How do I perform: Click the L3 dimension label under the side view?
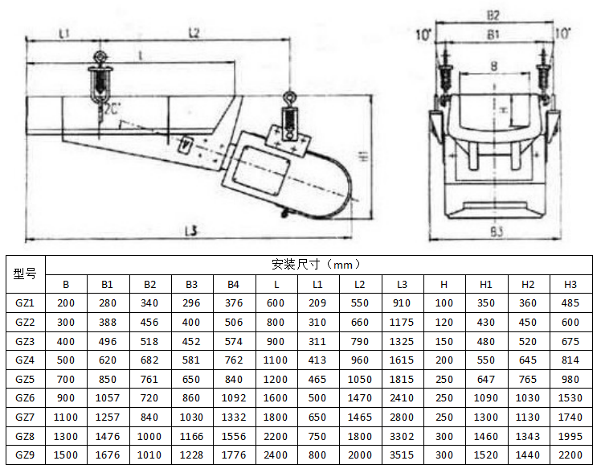pyautogui.click(x=190, y=231)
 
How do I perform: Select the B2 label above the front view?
pyautogui.click(x=493, y=14)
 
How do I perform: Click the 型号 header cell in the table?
pyautogui.click(x=26, y=274)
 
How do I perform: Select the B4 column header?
pyautogui.click(x=233, y=284)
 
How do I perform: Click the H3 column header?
pyautogui.click(x=570, y=284)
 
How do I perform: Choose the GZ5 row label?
pyautogui.click(x=26, y=378)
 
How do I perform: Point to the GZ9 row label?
pyautogui.click(x=26, y=455)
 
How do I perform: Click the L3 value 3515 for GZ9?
pyautogui.click(x=402, y=455)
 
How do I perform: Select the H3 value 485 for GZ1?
pyautogui.click(x=570, y=302)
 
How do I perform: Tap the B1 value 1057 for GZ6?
pyautogui.click(x=107, y=397)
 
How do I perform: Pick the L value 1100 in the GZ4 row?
pyautogui.click(x=276, y=360)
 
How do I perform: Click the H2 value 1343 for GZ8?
pyautogui.click(x=528, y=436)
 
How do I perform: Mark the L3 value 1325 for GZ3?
pyautogui.click(x=402, y=340)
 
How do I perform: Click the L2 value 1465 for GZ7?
pyautogui.click(x=360, y=417)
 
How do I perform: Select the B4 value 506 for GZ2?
pyautogui.click(x=233, y=322)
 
